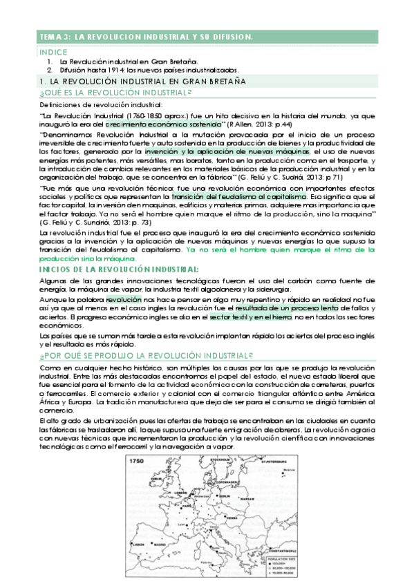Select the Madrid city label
coord(160,545)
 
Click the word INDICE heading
coord(53,52)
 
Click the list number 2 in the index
coord(50,70)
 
